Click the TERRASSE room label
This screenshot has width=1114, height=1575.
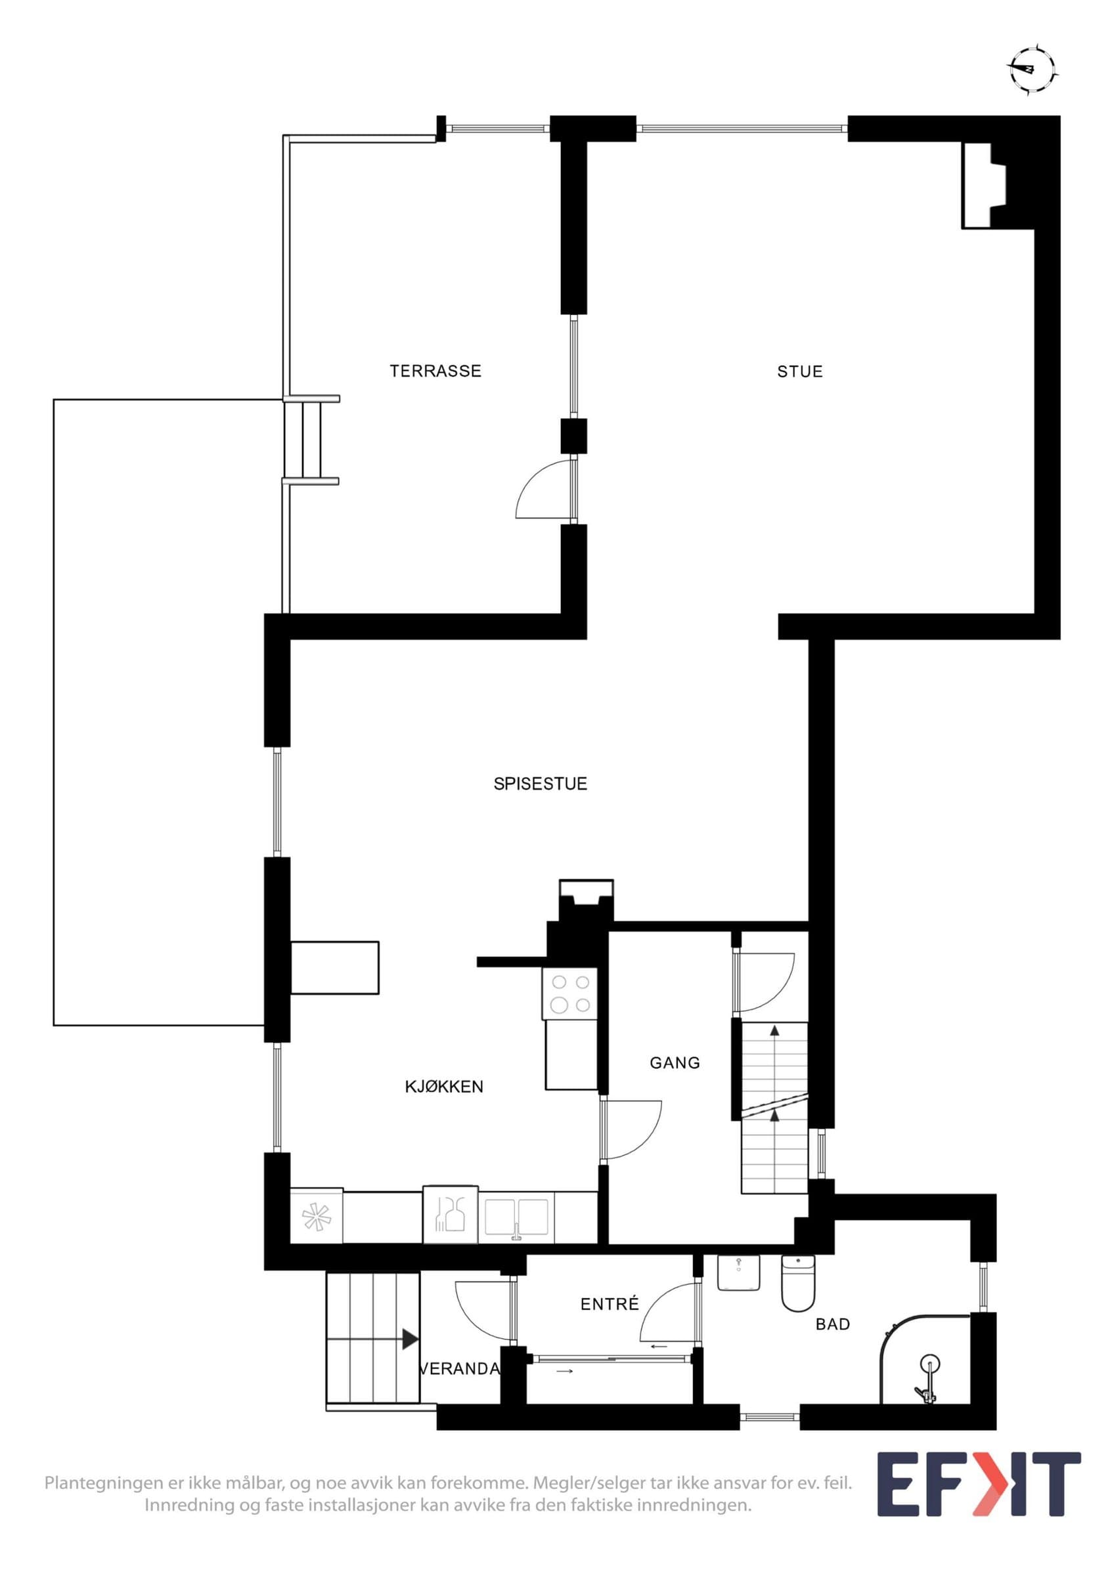(435, 371)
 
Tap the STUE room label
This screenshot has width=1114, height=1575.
(799, 372)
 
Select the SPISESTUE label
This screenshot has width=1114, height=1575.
(540, 784)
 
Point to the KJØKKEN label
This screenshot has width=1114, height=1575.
(444, 1087)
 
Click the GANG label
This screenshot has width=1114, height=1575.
(675, 1063)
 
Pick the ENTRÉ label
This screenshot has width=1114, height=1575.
(610, 1304)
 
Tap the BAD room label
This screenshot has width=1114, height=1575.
(833, 1324)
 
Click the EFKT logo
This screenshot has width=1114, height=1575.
(979, 1484)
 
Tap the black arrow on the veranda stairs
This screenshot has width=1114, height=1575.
(411, 1339)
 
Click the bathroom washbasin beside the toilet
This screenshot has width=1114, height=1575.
(738, 1272)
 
